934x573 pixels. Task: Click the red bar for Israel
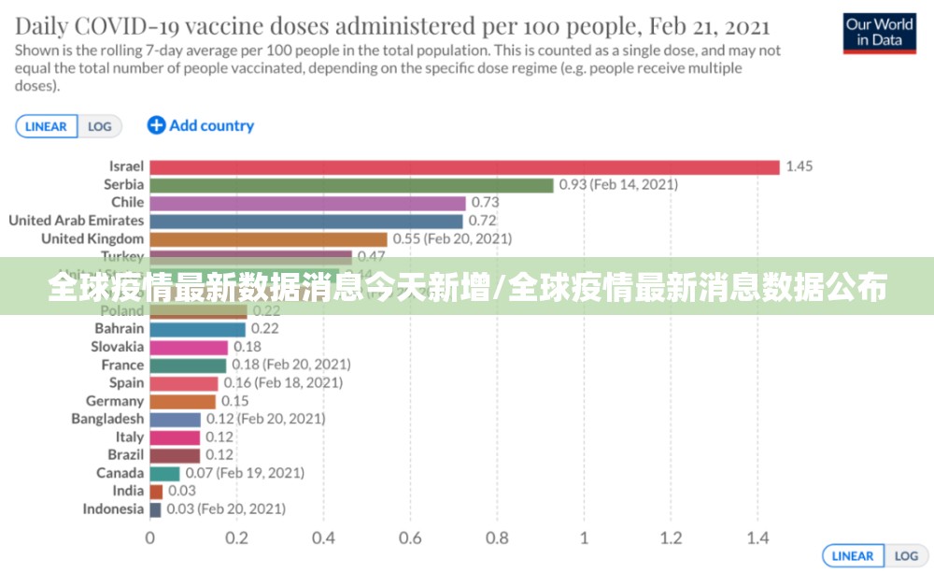click(464, 166)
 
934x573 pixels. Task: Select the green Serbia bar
click(351, 185)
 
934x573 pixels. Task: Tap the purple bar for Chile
click(307, 203)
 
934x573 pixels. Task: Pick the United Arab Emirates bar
click(305, 222)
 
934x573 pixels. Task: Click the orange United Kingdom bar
click(268, 239)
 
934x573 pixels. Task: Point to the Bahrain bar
click(197, 329)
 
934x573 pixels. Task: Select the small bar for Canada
click(164, 473)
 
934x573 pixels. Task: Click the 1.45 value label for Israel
click(800, 166)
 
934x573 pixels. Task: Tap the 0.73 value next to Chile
click(485, 203)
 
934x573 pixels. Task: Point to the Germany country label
click(115, 401)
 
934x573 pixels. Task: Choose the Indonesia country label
click(113, 509)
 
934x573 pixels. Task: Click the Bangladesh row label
click(107, 419)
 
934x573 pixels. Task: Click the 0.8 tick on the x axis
click(497, 538)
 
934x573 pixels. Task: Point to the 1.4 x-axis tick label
click(757, 538)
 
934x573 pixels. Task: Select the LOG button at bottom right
click(906, 556)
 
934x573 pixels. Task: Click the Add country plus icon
click(156, 125)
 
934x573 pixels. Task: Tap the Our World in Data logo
click(879, 32)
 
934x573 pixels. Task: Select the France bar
click(188, 365)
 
